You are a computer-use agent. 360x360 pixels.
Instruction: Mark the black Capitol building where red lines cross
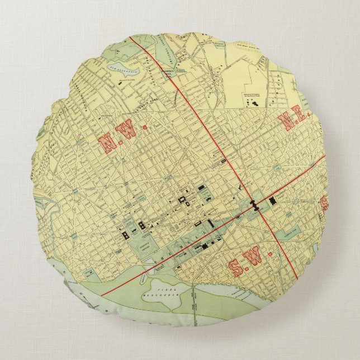[x=257, y=204]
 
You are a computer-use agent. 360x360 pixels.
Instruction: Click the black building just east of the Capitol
[x=273, y=199]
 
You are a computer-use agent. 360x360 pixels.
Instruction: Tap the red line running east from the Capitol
[x=302, y=176]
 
